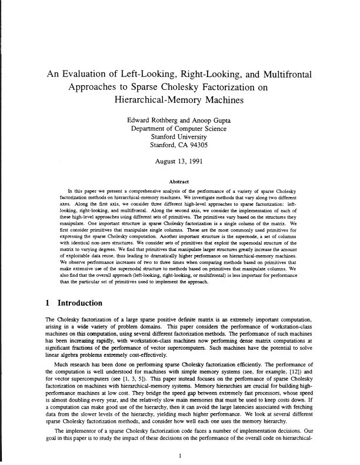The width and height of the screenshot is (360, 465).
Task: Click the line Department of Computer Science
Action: pyautogui.click(x=179, y=129)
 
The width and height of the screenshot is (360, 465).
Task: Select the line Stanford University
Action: pyautogui.click(x=179, y=137)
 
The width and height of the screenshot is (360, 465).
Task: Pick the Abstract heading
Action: pyautogui.click(x=179, y=181)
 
